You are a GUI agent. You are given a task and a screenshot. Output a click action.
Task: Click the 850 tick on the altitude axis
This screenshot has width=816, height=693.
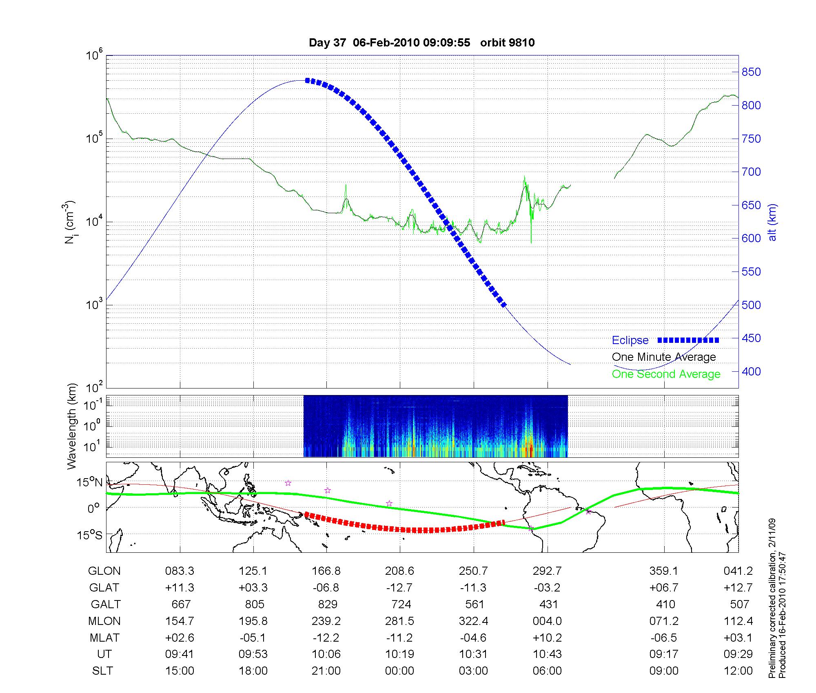point(751,72)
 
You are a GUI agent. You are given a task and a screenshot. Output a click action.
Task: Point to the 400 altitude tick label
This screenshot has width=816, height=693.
point(751,371)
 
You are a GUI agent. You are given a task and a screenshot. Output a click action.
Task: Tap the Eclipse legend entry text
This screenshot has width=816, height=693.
point(630,340)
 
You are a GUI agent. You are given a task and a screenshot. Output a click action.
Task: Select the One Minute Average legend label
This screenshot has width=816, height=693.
point(664,357)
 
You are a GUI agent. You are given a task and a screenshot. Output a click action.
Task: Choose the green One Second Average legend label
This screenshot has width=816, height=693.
point(666,374)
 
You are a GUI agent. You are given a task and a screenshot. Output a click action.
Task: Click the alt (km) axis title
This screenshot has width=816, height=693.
point(772,222)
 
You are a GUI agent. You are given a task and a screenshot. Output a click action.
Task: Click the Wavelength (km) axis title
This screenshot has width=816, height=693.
point(72,426)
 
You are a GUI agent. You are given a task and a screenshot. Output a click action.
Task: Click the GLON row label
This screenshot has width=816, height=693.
point(104,571)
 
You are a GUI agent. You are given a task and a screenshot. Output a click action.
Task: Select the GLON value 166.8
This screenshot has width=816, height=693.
point(326,571)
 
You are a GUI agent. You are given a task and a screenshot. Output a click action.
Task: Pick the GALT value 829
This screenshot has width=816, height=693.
point(327,604)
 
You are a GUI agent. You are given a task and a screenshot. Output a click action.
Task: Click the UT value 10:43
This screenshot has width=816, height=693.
point(547,654)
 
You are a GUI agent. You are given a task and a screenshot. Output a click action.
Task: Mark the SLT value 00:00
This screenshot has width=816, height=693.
point(399,671)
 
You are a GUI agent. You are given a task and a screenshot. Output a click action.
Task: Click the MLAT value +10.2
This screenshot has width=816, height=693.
point(547,638)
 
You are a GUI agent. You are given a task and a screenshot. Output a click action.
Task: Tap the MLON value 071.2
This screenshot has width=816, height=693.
point(664,621)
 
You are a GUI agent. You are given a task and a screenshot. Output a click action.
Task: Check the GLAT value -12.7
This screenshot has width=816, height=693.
point(399,588)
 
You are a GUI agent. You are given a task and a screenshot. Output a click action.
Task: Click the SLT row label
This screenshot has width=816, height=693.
point(102,671)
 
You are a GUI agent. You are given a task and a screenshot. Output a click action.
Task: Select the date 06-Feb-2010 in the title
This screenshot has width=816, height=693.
point(386,43)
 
